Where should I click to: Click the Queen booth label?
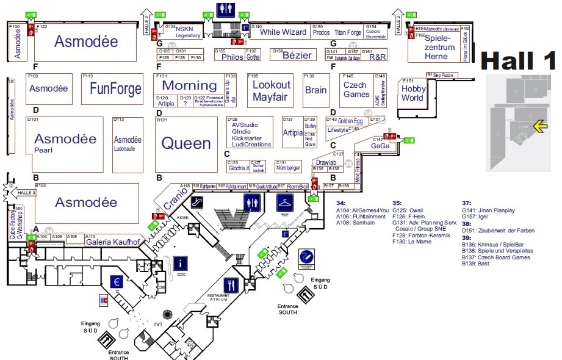186,143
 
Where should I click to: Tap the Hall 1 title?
519,61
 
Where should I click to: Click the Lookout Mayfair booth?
272,90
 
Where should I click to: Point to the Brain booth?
316,90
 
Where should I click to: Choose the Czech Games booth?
356,90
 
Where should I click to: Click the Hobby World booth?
412,93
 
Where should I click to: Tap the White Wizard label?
283,32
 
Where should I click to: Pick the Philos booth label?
232,57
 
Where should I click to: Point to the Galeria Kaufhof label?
113,242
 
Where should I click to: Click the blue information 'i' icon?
181,264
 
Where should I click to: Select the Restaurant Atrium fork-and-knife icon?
231,284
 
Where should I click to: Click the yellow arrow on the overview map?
539,126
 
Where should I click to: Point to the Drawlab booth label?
326,163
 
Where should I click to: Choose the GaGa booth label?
380,146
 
